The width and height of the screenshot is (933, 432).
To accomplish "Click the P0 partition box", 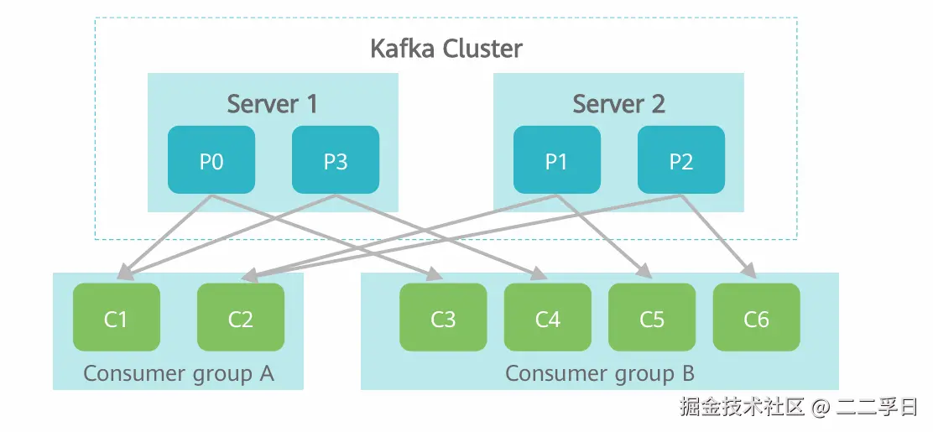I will [211, 159].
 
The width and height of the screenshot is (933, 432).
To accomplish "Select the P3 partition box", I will [336, 159].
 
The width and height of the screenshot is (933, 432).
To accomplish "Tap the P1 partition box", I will [556, 159].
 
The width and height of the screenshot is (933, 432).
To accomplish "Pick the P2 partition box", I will [680, 159].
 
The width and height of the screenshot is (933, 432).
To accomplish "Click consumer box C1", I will [116, 317].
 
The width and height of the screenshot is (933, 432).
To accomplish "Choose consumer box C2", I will [240, 317].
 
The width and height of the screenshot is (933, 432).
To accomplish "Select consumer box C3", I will [443, 317].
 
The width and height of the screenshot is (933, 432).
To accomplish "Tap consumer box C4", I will [547, 317].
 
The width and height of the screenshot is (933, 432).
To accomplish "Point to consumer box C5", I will [652, 317].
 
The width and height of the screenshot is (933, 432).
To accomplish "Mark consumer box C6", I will [756, 317].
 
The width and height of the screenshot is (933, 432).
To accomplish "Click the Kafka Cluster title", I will [446, 48].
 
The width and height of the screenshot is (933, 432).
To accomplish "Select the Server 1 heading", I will [273, 104].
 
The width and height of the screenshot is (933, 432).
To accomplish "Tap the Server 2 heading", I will [618, 104].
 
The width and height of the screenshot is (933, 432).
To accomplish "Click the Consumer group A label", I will [179, 372].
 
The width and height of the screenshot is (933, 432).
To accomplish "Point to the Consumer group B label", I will [599, 372].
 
